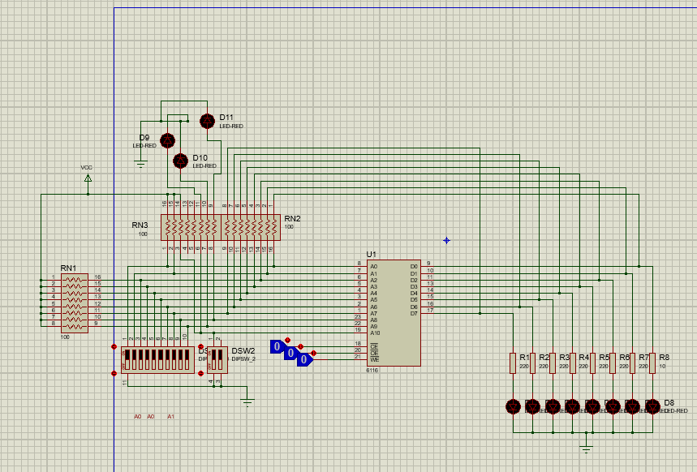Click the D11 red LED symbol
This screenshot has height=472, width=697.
point(207,121)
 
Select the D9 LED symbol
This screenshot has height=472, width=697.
point(168,140)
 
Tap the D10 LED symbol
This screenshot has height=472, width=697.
point(181,161)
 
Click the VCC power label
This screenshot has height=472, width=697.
point(87,168)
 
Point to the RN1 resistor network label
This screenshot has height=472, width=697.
point(68,268)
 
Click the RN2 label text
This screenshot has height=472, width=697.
point(292,219)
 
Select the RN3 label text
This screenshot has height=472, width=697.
point(140,225)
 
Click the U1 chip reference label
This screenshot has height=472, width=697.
point(372,254)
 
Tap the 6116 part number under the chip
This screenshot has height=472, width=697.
point(372,370)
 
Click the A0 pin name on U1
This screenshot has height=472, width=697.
point(373,266)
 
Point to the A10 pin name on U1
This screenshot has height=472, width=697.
point(375,333)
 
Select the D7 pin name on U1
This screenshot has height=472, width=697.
point(414,313)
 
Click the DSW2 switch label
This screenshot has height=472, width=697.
point(243,351)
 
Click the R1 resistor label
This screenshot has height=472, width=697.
point(523,358)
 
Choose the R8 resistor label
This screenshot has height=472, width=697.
point(664,358)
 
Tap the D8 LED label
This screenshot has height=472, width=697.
point(669,402)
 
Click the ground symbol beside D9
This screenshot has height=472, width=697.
point(140,164)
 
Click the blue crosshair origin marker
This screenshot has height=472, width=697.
point(446,240)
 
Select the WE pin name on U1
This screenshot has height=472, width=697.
point(374,358)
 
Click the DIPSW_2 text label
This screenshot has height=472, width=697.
point(243,358)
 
